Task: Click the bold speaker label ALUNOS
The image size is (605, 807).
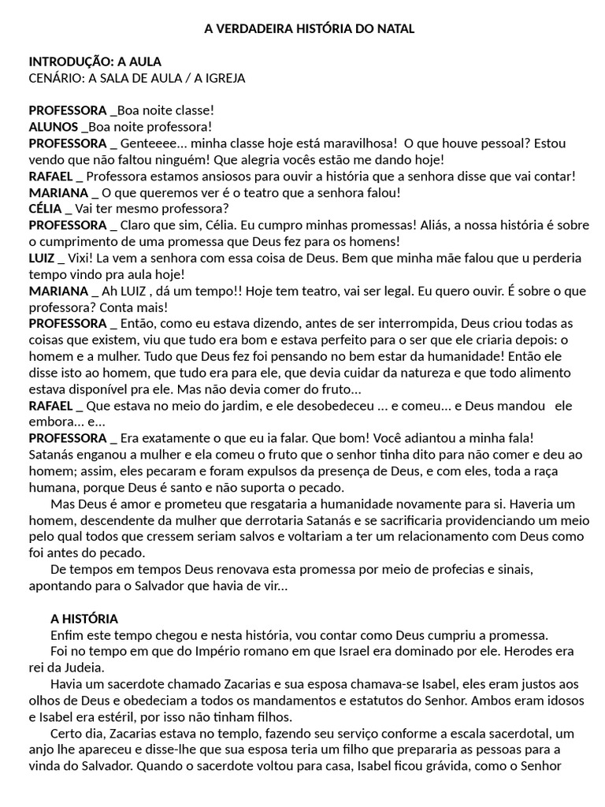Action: coord(53,126)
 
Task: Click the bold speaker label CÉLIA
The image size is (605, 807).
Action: coord(46,209)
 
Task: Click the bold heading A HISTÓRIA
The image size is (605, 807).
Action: coord(84,619)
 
